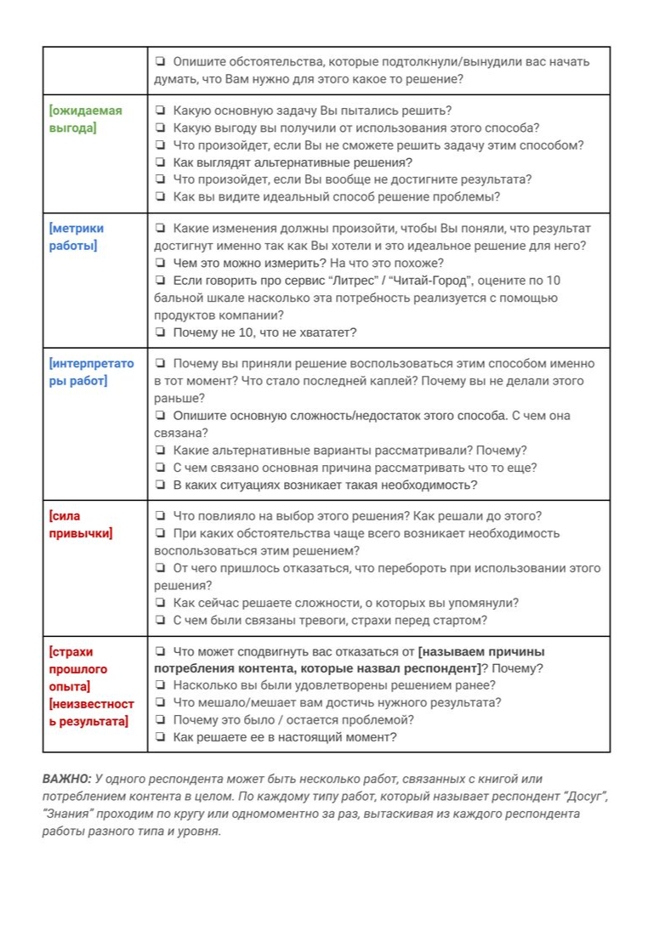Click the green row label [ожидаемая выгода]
click(x=86, y=119)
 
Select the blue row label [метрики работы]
click(x=77, y=237)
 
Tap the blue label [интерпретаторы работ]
click(x=91, y=372)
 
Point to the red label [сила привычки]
click(x=81, y=525)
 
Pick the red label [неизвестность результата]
click(x=91, y=713)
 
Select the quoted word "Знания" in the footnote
click(x=66, y=815)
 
